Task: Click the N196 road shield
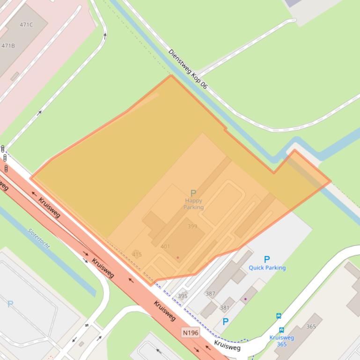tap(191, 332)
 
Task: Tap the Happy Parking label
tap(193, 204)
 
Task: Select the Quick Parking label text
tap(267, 268)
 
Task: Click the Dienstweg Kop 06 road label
tap(187, 69)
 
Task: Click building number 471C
tap(26, 24)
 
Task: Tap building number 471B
tap(8, 46)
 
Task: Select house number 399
tap(192, 226)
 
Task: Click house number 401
tap(165, 246)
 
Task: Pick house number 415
tap(137, 254)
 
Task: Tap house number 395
tap(183, 296)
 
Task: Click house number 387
tap(210, 294)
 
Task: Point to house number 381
tap(225, 308)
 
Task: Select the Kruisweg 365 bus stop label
tap(281, 341)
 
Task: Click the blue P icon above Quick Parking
tap(267, 259)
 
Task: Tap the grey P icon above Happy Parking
tap(193, 193)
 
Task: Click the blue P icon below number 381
tap(225, 322)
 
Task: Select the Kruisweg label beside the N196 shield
tap(227, 346)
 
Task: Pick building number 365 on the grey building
tap(311, 326)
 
